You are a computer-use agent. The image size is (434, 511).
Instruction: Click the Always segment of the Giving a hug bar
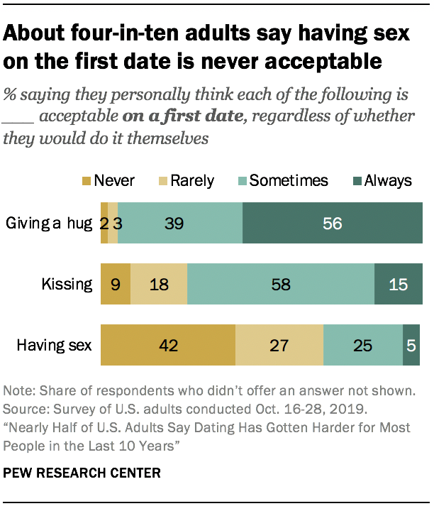[x=332, y=224]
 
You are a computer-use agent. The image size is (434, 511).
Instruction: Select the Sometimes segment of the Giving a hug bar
[x=180, y=224]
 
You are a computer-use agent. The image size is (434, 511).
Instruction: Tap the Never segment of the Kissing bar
[x=116, y=285]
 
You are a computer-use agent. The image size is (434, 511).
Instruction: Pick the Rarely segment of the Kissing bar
[x=159, y=285]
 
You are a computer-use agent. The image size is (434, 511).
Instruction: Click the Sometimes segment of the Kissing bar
[x=281, y=285]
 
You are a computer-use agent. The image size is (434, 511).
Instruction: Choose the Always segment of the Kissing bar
[x=397, y=285]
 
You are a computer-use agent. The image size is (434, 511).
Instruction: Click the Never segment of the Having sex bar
[x=168, y=346]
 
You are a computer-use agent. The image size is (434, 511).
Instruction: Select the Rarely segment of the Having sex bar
[x=279, y=346]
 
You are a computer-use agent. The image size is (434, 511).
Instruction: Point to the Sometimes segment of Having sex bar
[x=362, y=346]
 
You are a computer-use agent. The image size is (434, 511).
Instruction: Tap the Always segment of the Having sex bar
[x=411, y=346]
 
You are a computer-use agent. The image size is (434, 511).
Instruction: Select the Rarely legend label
[x=192, y=181]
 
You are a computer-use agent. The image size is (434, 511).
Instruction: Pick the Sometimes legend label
[x=289, y=181]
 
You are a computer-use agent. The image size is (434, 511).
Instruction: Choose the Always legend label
[x=387, y=181]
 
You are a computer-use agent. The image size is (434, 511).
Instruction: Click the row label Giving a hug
[x=49, y=224]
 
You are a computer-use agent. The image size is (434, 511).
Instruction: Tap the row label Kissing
[x=68, y=285]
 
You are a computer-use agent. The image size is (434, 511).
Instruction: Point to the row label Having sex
[x=55, y=346]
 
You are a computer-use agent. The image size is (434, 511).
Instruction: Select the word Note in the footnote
[x=18, y=391]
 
